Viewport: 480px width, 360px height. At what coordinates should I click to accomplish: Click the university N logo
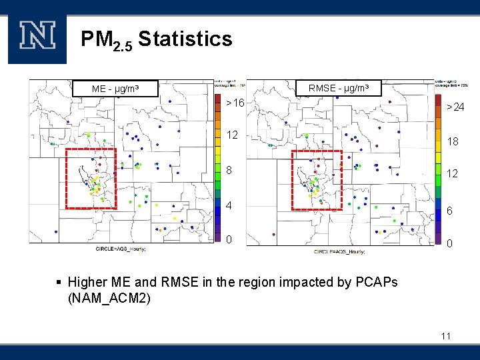(x=37, y=37)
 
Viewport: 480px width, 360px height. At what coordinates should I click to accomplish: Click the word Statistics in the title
(x=185, y=39)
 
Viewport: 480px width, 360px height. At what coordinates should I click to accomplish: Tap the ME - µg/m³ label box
(x=115, y=89)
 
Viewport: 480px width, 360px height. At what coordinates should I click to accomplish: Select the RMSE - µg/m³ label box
(x=344, y=88)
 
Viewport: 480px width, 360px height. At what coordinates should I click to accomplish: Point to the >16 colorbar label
(x=235, y=103)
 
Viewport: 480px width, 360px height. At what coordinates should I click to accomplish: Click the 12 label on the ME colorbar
(x=232, y=135)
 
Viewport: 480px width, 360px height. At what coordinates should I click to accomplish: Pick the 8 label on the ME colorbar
(x=230, y=170)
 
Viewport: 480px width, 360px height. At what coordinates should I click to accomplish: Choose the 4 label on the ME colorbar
(x=230, y=205)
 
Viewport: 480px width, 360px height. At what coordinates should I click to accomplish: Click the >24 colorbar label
(x=455, y=107)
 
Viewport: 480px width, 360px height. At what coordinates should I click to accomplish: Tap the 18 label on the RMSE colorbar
(x=452, y=141)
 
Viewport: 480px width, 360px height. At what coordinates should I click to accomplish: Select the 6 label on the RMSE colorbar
(x=450, y=210)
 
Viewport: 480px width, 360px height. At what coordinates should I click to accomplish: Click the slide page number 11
(x=445, y=336)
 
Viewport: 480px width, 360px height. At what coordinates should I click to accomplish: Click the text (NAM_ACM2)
(x=109, y=298)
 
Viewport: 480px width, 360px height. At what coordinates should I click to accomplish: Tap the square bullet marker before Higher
(x=59, y=283)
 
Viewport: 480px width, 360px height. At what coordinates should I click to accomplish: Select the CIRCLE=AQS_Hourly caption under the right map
(x=337, y=251)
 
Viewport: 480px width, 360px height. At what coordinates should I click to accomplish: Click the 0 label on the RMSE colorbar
(x=450, y=244)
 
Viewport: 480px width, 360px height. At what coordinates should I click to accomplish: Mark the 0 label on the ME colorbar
(x=230, y=239)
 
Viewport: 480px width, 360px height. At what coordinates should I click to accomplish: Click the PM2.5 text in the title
(x=106, y=40)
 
